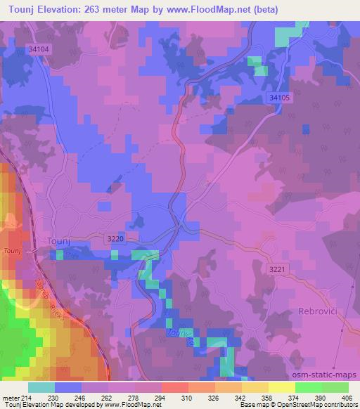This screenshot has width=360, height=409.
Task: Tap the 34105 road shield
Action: pyautogui.click(x=279, y=99)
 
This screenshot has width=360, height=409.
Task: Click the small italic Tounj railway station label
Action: pyautogui.click(x=12, y=251)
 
